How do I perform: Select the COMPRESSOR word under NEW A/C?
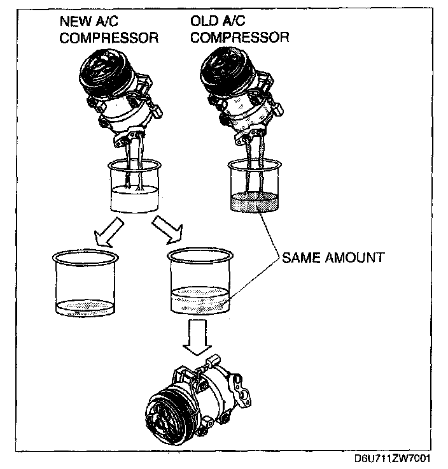(109, 38)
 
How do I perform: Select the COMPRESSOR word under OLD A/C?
(240, 38)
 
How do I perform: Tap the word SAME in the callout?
(300, 258)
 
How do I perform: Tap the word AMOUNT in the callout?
(354, 258)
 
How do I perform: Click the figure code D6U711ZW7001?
(392, 458)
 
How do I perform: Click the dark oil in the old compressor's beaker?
(255, 202)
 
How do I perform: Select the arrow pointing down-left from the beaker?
(108, 232)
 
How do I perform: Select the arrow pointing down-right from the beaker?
(167, 229)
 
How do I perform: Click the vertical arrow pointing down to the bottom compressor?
(197, 337)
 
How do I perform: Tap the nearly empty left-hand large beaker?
(85, 282)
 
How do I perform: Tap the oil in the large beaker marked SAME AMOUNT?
(200, 300)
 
